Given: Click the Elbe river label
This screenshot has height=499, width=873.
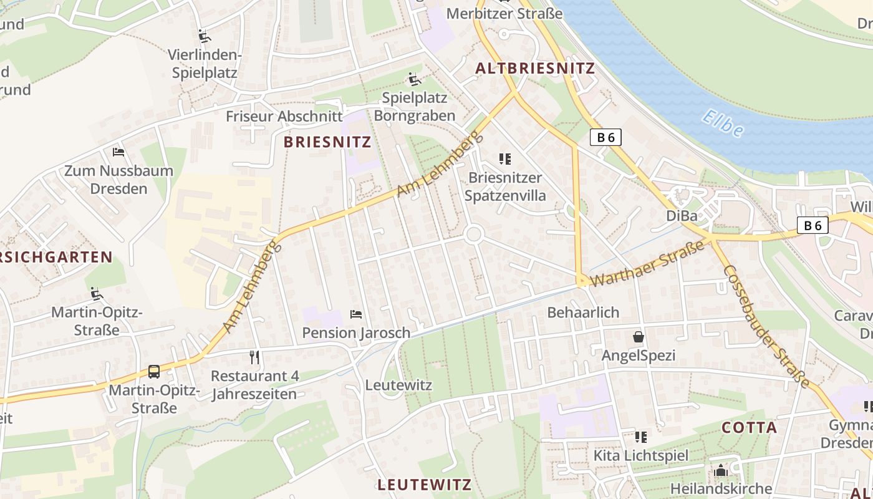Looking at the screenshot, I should [722, 123].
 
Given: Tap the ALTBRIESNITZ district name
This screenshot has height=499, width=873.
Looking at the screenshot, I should [535, 69].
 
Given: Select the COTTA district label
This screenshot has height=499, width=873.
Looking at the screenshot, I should [749, 428].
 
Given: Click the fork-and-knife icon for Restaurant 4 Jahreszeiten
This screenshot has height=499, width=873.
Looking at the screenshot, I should [254, 357].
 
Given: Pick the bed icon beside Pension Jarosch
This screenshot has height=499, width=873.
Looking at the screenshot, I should [356, 314].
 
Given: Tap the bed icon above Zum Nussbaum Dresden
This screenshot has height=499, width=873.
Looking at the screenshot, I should [118, 152].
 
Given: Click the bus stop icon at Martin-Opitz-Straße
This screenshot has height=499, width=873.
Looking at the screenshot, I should [154, 372].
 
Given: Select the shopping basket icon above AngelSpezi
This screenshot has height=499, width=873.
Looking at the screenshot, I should [639, 337].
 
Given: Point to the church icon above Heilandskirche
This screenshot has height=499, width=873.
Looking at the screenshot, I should [721, 470].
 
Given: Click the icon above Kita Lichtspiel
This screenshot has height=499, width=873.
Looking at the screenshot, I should [641, 437].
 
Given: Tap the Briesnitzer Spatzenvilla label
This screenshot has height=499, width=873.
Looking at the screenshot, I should [505, 187].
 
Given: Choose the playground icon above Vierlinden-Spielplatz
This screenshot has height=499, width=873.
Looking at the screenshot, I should [204, 36].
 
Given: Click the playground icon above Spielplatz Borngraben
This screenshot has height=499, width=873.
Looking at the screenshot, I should [415, 79].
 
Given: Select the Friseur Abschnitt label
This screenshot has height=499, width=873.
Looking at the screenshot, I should [284, 116].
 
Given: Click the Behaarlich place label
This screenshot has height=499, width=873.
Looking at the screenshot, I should [583, 312].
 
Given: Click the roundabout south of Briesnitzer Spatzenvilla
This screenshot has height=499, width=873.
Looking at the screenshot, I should [474, 235].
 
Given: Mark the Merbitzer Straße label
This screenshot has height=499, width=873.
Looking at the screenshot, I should [496, 13].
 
